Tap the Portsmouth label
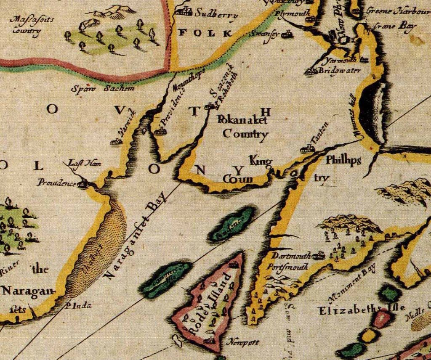click(290, 266)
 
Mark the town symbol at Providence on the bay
click(84, 183)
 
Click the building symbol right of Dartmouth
click(319, 255)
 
